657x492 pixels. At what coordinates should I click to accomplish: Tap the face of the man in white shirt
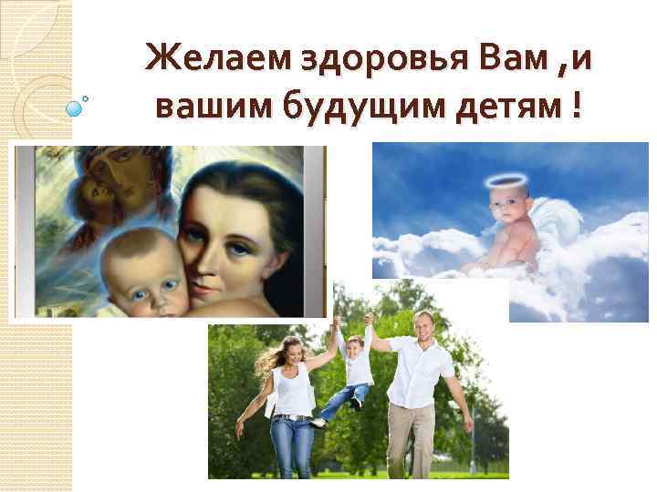coord(422,326)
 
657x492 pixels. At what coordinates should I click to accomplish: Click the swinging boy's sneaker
coord(318,422)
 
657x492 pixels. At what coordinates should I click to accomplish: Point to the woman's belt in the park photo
coord(293,417)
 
